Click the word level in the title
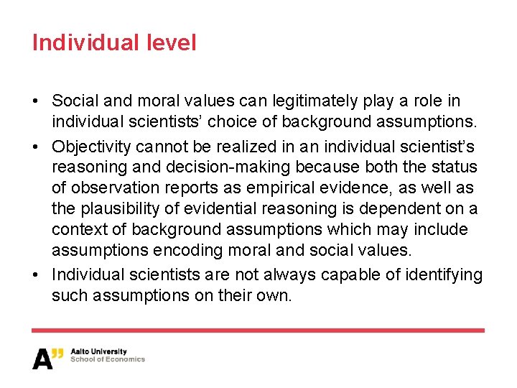(172, 42)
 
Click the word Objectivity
(91, 147)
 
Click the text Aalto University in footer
(99, 352)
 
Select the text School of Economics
(108, 359)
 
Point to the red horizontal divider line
(258, 330)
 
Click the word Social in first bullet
(73, 101)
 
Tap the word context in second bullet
(76, 230)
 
